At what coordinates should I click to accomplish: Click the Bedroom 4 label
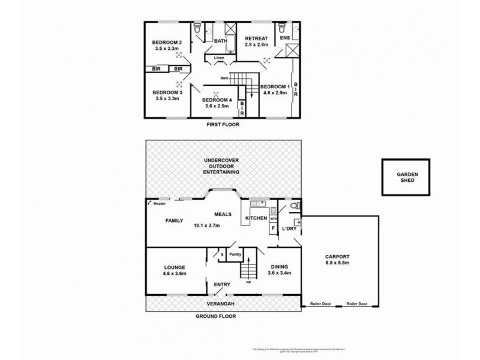(x=215, y=100)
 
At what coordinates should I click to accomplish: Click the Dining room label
(x=280, y=266)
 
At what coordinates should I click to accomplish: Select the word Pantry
(x=236, y=254)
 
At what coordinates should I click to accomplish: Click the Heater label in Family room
(x=160, y=203)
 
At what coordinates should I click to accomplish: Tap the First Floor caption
(x=223, y=125)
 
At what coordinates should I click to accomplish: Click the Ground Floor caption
(x=221, y=316)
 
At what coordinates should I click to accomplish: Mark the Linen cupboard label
(x=219, y=58)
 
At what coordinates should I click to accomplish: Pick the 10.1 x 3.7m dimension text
(x=208, y=226)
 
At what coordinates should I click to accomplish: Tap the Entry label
(x=214, y=285)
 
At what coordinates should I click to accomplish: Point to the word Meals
(x=224, y=213)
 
